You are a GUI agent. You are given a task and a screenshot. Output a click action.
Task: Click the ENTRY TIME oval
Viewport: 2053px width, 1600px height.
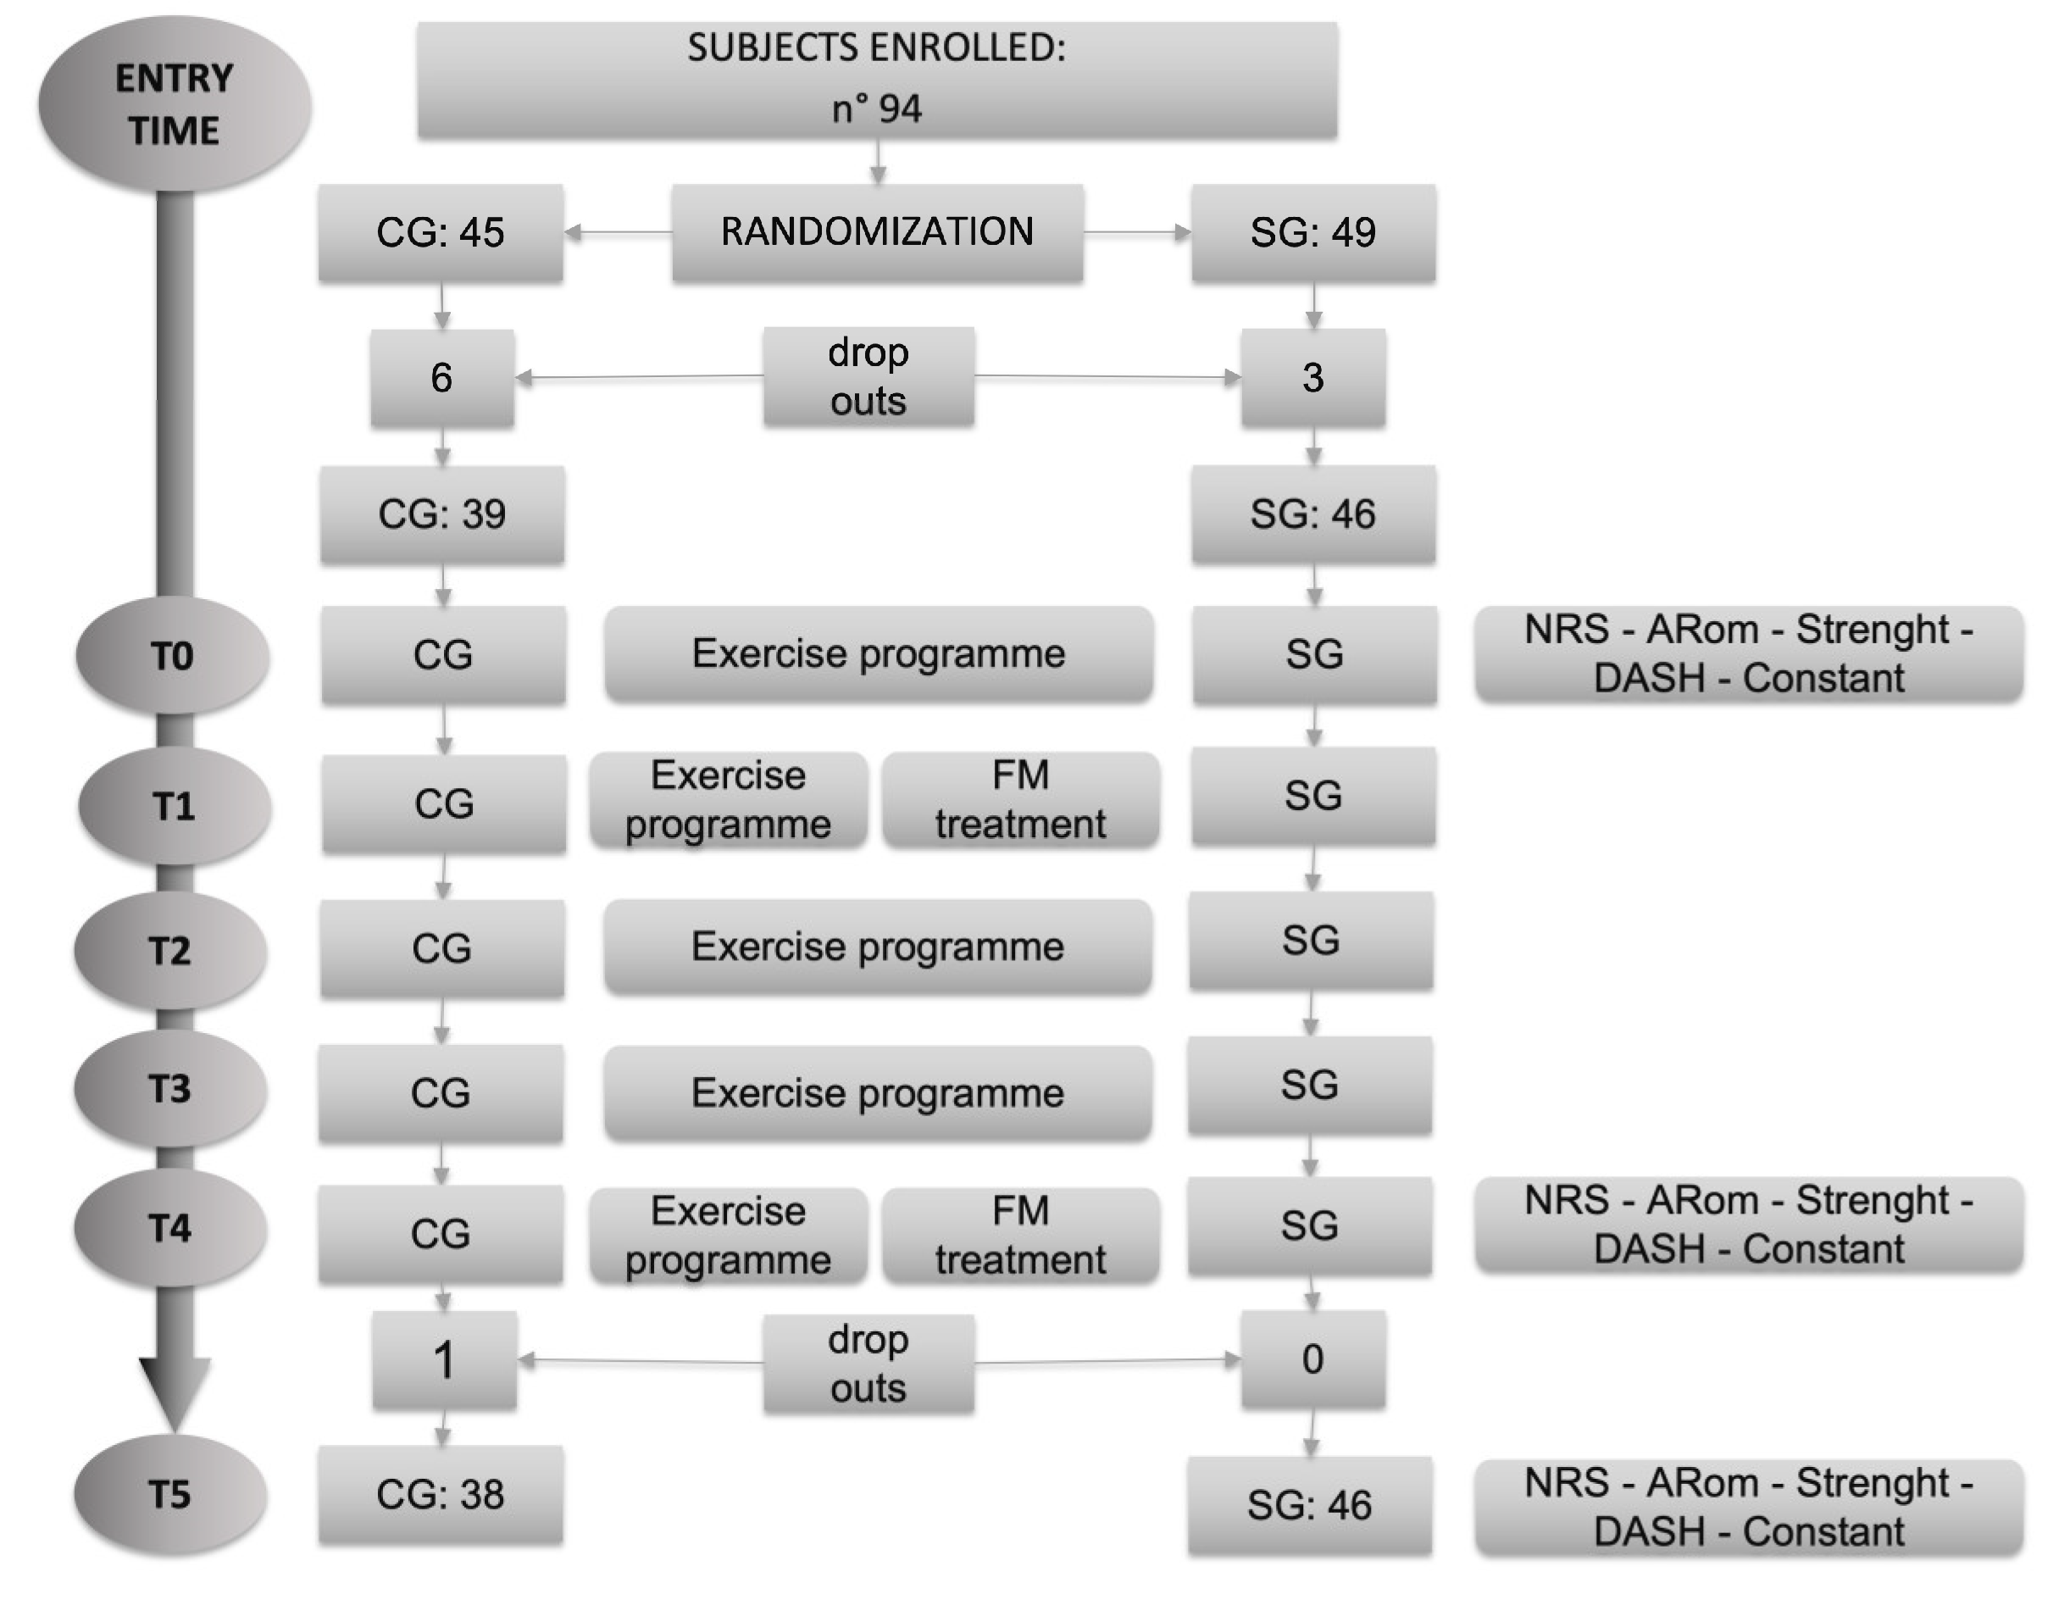tap(175, 103)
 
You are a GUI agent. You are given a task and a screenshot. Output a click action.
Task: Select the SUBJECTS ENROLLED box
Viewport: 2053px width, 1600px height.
tap(877, 80)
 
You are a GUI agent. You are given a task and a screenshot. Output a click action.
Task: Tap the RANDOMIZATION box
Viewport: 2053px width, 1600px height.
tap(877, 232)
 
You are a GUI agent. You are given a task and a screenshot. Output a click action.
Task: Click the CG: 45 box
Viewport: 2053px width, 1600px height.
tap(441, 232)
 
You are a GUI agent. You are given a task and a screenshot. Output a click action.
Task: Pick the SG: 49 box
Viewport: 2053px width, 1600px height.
tap(1313, 232)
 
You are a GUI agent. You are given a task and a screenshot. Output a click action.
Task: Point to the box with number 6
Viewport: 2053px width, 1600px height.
tap(441, 378)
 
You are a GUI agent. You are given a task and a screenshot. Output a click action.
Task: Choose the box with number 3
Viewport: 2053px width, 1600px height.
tap(1313, 378)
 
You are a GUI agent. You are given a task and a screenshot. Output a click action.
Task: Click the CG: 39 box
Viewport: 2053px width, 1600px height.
tap(441, 514)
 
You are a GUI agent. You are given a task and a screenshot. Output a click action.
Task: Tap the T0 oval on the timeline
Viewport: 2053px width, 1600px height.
tap(173, 655)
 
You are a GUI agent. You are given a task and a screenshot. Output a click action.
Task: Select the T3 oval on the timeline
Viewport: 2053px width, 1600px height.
tap(170, 1089)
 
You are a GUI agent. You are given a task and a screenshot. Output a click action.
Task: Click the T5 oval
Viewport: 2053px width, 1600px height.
tap(170, 1494)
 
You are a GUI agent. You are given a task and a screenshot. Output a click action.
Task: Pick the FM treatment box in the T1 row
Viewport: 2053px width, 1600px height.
tap(1021, 800)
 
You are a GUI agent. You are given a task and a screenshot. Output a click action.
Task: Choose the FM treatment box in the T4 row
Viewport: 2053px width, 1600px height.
tap(1021, 1236)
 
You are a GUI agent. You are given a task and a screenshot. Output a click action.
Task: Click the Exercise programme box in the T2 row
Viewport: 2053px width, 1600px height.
tap(878, 947)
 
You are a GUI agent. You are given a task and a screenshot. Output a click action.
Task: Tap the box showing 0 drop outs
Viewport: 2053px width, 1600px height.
tap(1313, 1359)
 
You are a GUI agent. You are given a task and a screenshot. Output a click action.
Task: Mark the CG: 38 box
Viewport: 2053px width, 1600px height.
tap(441, 1495)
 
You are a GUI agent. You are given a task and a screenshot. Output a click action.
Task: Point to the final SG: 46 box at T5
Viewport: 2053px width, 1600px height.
tap(1309, 1505)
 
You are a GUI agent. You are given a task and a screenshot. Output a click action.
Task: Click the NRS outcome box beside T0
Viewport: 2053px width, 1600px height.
tap(1749, 653)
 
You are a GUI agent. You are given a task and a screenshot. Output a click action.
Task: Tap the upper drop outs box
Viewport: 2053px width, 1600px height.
tap(868, 377)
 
